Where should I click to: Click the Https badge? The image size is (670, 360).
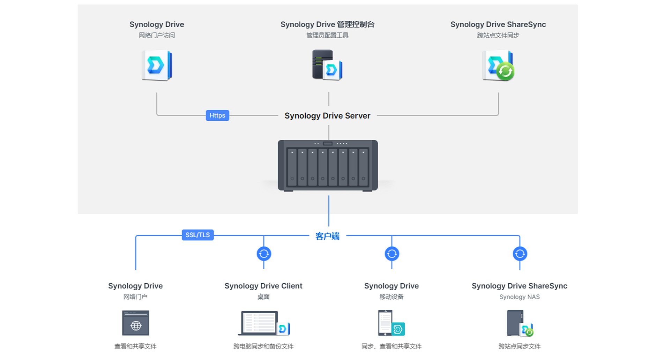(217, 115)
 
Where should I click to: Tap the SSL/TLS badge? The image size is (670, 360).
(198, 235)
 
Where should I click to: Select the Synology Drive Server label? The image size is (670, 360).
(327, 116)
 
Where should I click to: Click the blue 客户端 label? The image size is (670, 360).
(327, 236)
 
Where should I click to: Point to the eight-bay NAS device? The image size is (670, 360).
(328, 165)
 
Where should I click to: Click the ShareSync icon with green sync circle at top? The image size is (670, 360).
(498, 66)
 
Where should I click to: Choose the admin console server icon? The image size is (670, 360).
(327, 65)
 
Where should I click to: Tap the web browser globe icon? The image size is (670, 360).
(136, 323)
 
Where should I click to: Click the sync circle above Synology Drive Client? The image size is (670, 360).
(264, 254)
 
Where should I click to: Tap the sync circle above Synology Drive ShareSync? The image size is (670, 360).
(520, 254)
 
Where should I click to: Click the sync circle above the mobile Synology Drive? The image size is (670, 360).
(392, 254)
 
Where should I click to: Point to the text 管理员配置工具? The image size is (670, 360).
(327, 35)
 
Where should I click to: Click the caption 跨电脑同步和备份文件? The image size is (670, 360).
(263, 346)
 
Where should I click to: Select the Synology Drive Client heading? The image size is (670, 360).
(263, 286)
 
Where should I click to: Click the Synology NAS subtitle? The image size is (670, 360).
(519, 297)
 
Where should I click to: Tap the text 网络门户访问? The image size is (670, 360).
(157, 35)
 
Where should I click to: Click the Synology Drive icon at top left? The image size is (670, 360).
(157, 66)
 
